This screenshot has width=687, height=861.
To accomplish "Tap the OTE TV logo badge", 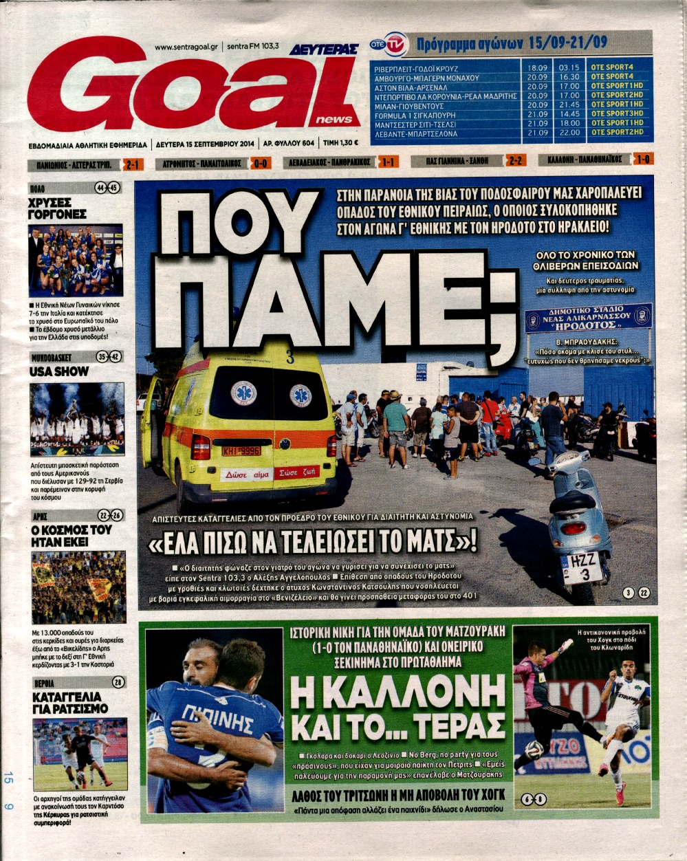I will pyautogui.click(x=389, y=44).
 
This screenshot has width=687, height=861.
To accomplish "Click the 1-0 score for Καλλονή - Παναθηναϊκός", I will pyautogui.click(x=644, y=160).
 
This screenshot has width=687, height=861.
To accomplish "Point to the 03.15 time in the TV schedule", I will pyautogui.click(x=569, y=67).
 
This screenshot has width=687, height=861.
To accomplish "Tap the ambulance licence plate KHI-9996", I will pyautogui.click(x=241, y=451).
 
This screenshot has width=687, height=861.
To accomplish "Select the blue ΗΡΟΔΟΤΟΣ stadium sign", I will pyautogui.click(x=588, y=318).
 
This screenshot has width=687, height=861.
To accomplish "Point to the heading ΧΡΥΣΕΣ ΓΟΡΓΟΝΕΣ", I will pyautogui.click(x=58, y=209).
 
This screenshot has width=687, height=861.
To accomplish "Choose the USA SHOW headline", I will pyautogui.click(x=59, y=371).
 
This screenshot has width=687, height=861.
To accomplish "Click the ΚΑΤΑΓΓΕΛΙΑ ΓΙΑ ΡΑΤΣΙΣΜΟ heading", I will pyautogui.click(x=66, y=702).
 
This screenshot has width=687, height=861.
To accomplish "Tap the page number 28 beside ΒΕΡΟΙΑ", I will pyautogui.click(x=118, y=682).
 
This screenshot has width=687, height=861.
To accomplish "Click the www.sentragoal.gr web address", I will pyautogui.click(x=186, y=47).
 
